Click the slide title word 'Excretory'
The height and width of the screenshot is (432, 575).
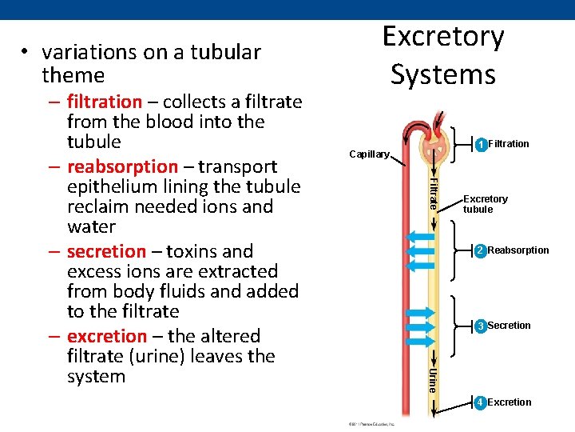443,37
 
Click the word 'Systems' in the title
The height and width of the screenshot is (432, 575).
443,74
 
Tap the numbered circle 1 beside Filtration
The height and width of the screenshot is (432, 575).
481,145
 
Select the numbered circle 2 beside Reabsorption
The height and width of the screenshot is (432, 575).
481,251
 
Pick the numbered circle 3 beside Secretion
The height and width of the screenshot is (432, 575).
481,326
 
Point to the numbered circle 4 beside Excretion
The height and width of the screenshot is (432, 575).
481,402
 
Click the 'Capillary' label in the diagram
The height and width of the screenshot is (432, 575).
369,154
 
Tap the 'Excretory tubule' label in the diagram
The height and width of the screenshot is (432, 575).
485,204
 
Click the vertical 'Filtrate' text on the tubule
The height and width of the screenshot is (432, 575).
432,193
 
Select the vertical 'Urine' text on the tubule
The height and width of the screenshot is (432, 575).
432,380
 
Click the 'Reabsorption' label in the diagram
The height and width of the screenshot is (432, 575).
518,250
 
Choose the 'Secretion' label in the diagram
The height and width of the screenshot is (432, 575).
509,326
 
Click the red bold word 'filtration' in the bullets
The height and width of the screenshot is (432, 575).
104,102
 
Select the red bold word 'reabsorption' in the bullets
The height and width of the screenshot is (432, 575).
122,166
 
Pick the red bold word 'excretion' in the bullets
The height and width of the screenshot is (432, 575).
107,336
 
